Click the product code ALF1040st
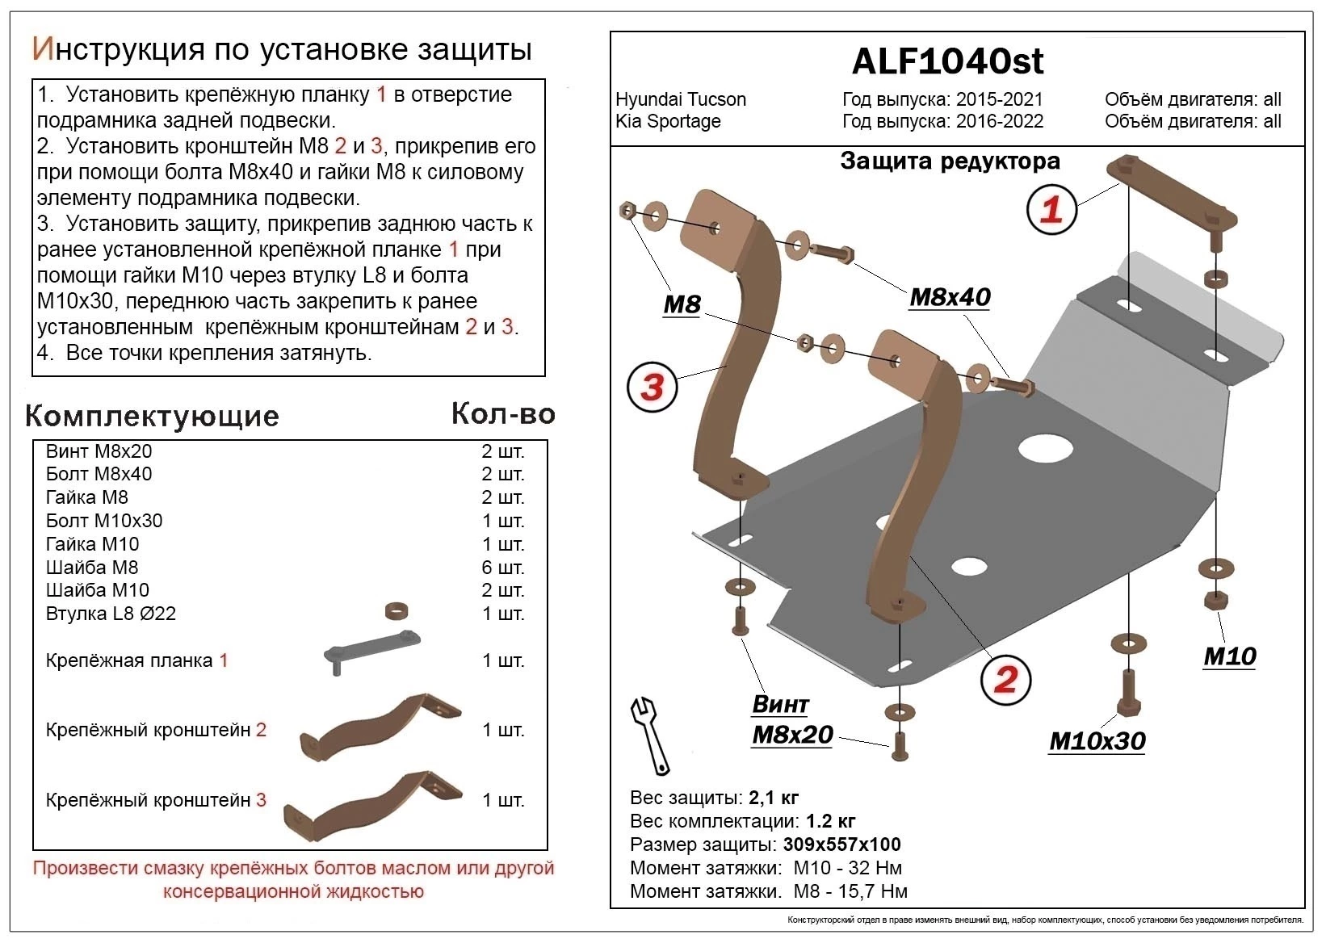947,61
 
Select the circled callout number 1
1051,210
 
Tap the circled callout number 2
1005,680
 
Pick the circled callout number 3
652,387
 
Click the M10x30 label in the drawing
1097,741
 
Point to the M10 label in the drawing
1229,656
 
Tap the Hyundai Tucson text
681,100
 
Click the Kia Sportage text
668,122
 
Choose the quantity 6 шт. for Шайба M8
502,568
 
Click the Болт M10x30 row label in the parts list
104,521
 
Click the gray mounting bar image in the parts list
372,651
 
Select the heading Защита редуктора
950,161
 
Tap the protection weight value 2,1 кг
774,798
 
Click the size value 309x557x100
841,845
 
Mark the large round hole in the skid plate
1045,448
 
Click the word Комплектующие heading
152,416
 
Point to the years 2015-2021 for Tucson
999,100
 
